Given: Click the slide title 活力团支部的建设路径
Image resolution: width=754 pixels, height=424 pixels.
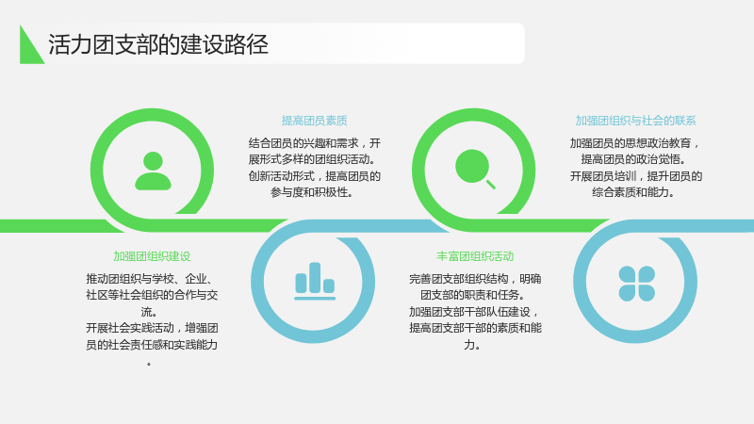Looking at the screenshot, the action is (157, 44).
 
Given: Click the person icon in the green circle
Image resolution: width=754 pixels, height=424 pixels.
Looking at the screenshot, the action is (153, 171).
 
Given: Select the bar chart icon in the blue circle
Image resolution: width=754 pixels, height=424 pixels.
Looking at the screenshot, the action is (315, 281).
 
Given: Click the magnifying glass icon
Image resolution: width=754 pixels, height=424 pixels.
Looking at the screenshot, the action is (475, 169).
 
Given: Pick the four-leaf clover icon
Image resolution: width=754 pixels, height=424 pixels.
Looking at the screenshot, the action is (637, 284).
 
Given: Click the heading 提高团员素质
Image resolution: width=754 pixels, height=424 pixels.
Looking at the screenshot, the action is (315, 121).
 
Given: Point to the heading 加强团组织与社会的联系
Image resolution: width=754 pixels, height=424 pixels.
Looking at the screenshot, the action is (635, 121).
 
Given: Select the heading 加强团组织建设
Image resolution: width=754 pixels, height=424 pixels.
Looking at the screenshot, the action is (152, 256).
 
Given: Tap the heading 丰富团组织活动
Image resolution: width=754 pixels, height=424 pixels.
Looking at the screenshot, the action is (475, 256).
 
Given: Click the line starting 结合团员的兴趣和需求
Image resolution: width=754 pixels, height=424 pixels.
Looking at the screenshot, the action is (315, 143).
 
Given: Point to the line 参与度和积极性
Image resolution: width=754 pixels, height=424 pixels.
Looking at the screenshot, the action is (313, 192).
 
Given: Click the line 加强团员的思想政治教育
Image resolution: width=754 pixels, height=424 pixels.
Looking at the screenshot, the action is (635, 143).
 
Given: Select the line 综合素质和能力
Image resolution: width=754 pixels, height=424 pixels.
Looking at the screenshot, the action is (633, 192).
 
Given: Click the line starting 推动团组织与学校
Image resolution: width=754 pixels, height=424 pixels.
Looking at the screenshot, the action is (151, 279).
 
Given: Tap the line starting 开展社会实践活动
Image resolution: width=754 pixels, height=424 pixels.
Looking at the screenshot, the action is (152, 328).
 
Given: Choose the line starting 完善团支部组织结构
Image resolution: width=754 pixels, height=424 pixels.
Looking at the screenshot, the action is (475, 279).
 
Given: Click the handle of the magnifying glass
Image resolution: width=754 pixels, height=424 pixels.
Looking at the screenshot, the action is (491, 185).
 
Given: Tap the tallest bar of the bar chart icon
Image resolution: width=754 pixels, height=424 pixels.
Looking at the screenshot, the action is (315, 277).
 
